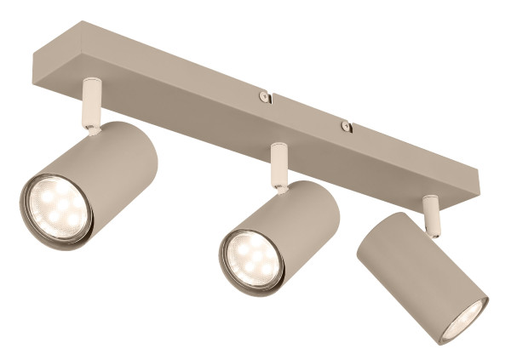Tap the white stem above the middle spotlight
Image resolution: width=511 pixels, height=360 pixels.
point(278,165)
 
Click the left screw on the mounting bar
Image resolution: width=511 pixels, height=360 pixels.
point(266,96)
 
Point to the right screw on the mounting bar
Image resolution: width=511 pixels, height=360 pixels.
point(346,127)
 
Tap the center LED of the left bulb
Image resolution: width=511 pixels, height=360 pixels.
point(58,209)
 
